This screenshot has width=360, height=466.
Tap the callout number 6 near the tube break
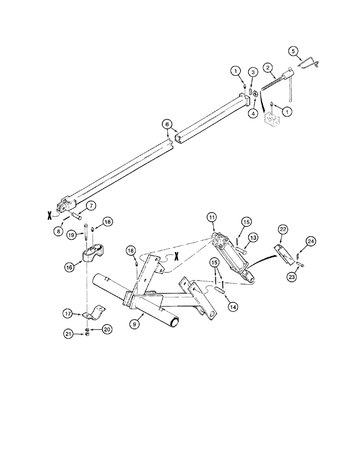pos(166,124)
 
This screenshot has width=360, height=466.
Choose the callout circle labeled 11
pos(212,218)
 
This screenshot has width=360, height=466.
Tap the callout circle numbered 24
pos(311,241)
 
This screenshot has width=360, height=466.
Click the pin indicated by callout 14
pos(221,290)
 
